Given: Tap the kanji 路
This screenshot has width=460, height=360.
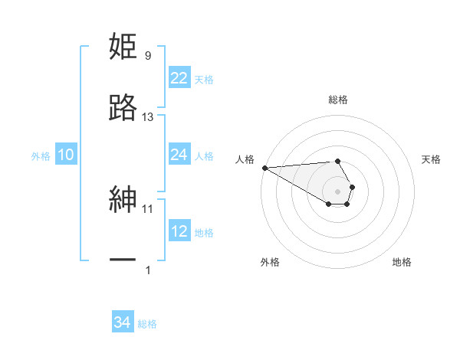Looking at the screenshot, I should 123,109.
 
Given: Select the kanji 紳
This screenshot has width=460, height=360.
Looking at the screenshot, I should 123,200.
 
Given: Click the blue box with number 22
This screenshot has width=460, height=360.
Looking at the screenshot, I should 179,78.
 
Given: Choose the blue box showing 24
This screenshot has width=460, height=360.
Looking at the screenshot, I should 179,155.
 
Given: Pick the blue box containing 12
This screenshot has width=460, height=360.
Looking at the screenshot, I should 179,231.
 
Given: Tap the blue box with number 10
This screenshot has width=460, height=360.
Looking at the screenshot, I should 65,155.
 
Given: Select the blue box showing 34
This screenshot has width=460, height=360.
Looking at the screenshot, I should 122,322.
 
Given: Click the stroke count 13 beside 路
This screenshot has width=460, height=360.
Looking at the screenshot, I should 148,117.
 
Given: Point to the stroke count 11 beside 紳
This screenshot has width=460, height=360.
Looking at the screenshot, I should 148,208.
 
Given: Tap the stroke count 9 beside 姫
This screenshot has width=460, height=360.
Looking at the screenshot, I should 148,56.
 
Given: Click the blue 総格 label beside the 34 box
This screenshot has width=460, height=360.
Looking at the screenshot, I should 147,324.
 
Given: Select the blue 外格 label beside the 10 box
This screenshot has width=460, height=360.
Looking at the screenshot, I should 41,156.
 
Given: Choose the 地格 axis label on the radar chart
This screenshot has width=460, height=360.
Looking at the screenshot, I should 402,262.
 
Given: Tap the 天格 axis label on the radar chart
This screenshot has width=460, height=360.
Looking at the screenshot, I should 431,159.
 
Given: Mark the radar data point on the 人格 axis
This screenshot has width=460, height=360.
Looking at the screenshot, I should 264,168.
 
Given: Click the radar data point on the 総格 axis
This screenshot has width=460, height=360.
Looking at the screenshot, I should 337,161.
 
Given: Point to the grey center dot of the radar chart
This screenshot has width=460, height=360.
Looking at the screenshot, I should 337,191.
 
